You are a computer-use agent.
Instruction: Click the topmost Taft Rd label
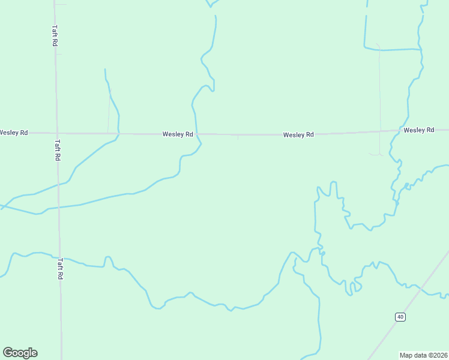click(54, 36)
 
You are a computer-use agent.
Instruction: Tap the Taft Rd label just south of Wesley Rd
click(58, 150)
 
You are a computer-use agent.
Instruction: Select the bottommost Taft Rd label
click(60, 269)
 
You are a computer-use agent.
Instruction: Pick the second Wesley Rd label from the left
click(178, 134)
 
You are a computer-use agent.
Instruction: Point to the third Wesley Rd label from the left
click(298, 135)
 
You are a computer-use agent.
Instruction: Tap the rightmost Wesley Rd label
click(418, 130)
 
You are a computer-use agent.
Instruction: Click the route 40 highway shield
click(400, 316)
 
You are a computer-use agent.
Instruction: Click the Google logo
click(20, 353)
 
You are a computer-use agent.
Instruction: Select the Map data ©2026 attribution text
click(423, 355)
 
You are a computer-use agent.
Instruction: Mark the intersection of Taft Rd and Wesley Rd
click(57, 133)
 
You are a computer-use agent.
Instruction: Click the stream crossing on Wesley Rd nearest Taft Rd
click(118, 133)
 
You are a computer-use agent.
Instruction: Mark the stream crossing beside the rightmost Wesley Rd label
click(398, 131)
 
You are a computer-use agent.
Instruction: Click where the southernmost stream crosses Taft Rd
click(60, 258)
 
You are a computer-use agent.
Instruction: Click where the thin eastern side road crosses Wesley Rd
click(379, 131)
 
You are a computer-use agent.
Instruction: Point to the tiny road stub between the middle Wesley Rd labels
click(238, 137)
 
